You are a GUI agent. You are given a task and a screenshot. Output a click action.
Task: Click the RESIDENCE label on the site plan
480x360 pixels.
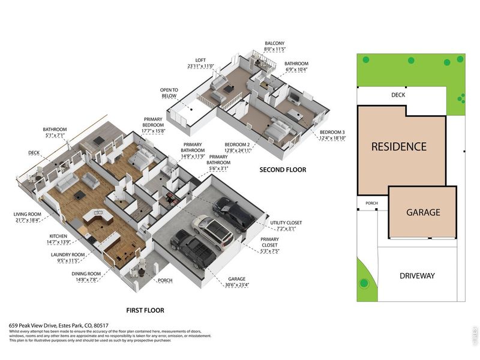398,146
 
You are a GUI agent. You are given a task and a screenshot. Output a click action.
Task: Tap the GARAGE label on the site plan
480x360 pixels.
424,212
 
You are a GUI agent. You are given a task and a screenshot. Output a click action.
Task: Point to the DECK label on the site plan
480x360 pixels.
398,95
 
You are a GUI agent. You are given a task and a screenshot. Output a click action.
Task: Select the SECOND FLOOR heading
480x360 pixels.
283,170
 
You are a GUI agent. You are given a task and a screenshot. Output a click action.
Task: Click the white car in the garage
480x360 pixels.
212,232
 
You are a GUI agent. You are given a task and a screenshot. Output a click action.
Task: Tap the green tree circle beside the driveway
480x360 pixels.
364,283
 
